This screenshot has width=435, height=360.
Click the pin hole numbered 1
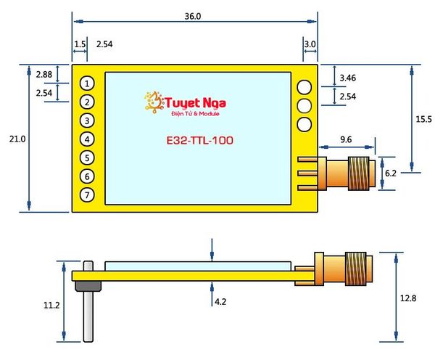pos(87,83)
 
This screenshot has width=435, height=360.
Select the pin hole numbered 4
pos(87,139)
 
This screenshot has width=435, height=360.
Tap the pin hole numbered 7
pos(87,195)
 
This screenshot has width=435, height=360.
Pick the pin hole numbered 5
pos(87,157)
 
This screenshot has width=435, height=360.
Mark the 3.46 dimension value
pos(348,76)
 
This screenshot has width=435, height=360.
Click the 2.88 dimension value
pos(43,74)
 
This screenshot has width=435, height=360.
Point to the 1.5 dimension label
pos(80,44)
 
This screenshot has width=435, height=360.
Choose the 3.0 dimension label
pos(310,44)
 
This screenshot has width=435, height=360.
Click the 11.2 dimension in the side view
pos(51,306)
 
